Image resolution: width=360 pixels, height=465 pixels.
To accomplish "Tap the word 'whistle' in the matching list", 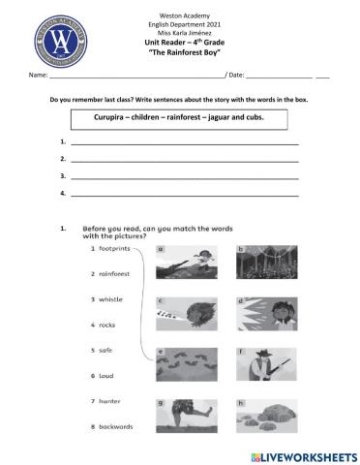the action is pos(110,299).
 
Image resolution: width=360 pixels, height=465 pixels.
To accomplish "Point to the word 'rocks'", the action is pos(107,325).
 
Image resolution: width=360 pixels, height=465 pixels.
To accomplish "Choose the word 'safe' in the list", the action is pos(105,350).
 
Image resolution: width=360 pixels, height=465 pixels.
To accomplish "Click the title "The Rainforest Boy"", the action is pos(179,53).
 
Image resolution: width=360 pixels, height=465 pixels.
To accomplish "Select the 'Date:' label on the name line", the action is pos(237,75).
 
